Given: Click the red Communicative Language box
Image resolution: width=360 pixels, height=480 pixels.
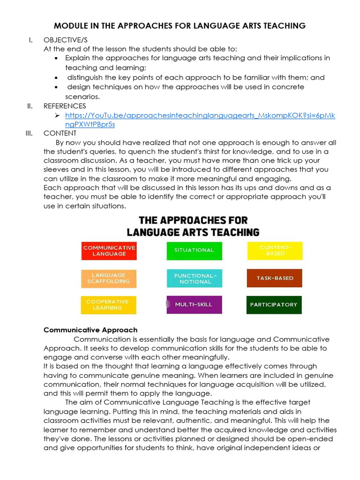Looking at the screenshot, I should pos(109,250).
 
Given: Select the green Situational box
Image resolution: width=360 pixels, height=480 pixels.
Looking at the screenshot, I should pos(194,250).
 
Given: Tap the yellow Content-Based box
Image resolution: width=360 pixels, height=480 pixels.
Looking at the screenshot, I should pos(275,250).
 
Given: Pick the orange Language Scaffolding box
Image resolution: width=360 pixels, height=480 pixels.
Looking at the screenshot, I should pos(109,278).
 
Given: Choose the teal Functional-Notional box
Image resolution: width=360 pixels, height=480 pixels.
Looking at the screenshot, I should pos(194,278).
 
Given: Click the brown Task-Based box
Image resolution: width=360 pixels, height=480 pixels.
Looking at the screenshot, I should pos(275,278).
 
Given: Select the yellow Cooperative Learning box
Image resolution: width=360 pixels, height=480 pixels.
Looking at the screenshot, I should pos(109,305).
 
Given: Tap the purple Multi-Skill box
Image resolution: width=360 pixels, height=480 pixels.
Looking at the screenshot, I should pos(194,305).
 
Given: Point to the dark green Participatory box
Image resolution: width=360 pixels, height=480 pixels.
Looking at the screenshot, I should pos(274,305).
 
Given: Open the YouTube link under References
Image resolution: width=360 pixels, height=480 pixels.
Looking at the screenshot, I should pos(200,115).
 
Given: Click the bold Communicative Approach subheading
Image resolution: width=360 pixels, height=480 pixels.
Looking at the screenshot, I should pos(90,330).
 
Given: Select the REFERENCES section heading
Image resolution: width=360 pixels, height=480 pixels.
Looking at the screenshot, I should pos(65,106).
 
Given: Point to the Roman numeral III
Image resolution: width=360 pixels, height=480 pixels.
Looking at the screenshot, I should pos(29,134).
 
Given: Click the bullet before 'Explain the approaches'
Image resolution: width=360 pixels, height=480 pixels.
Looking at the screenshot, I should pos(57,59).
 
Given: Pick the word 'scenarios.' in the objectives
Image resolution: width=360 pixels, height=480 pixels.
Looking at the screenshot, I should pos(82,97).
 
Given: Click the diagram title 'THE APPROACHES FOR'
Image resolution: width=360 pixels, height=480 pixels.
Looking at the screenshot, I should pos(193,220).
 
